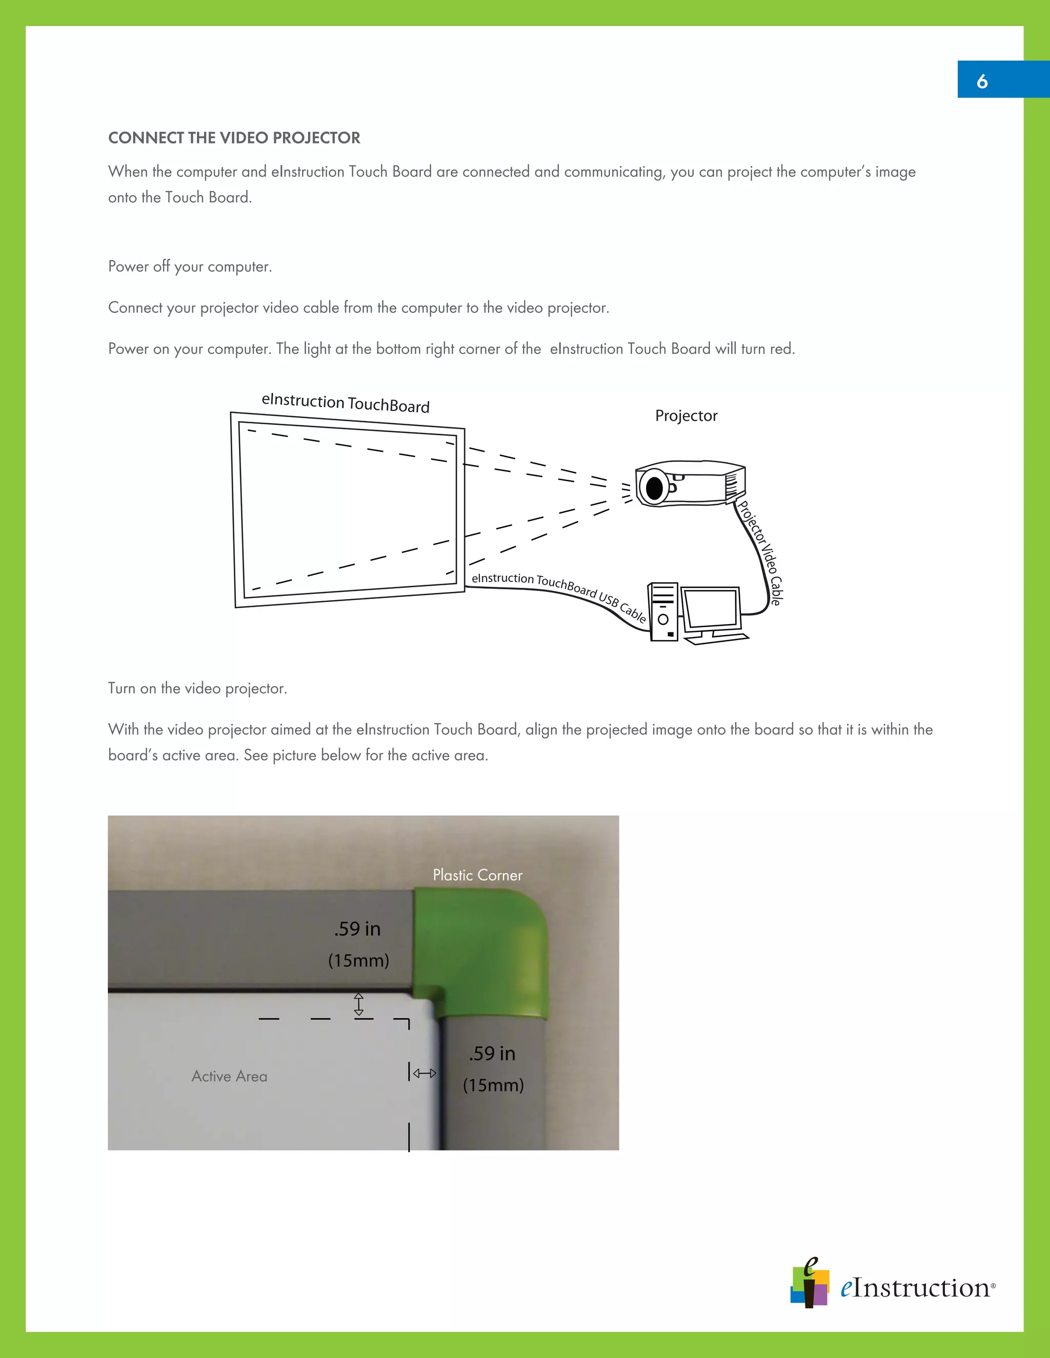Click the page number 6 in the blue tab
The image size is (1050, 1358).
pyautogui.click(x=982, y=81)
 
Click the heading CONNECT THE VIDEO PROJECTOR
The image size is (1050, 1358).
pyautogui.click(x=234, y=138)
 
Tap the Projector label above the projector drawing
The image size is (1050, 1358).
pyautogui.click(x=686, y=416)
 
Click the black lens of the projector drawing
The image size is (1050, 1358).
pyautogui.click(x=654, y=488)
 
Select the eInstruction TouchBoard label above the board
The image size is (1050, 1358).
pyautogui.click(x=345, y=403)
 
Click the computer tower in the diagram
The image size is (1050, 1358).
pyautogui.click(x=663, y=612)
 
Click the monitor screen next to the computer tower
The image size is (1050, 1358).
pyautogui.click(x=711, y=608)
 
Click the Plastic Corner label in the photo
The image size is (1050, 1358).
pyautogui.click(x=477, y=875)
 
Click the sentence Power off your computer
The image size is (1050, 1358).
pyautogui.click(x=190, y=267)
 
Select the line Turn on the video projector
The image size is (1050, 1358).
pyautogui.click(x=197, y=688)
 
